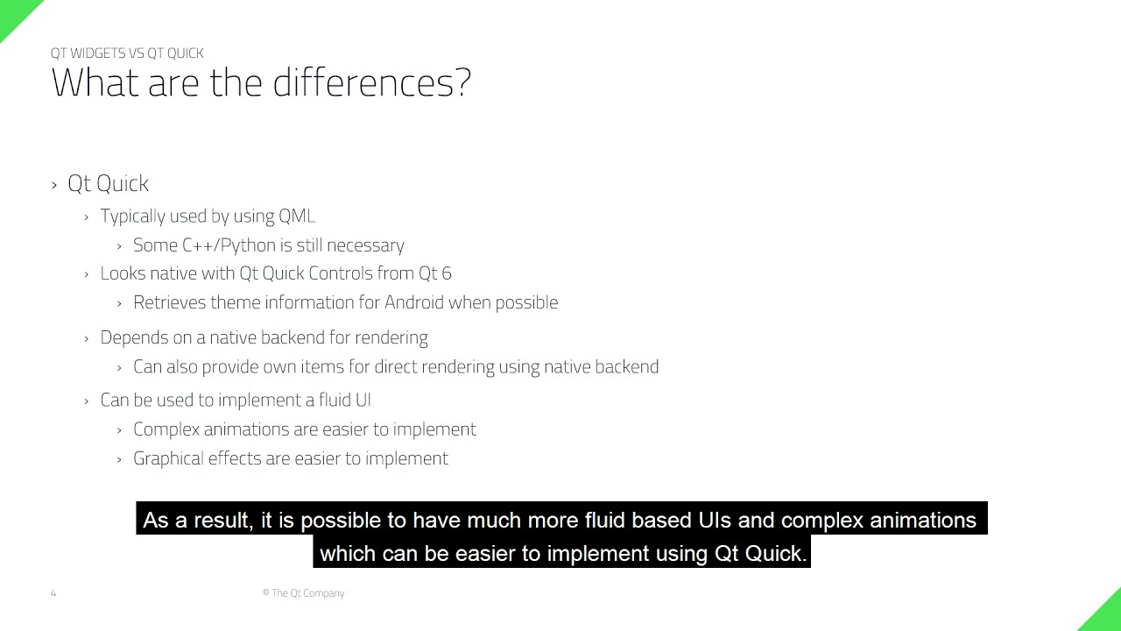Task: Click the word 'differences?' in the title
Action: click(371, 83)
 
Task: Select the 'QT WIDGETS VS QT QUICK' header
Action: click(127, 53)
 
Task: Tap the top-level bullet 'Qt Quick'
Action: click(108, 183)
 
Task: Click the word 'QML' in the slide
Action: click(297, 216)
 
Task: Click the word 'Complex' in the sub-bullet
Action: click(166, 429)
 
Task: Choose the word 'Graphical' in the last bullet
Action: click(168, 458)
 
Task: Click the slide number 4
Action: click(53, 593)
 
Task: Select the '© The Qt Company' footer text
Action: click(303, 593)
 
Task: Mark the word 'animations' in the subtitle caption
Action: click(922, 521)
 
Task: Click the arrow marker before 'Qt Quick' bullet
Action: click(54, 184)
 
